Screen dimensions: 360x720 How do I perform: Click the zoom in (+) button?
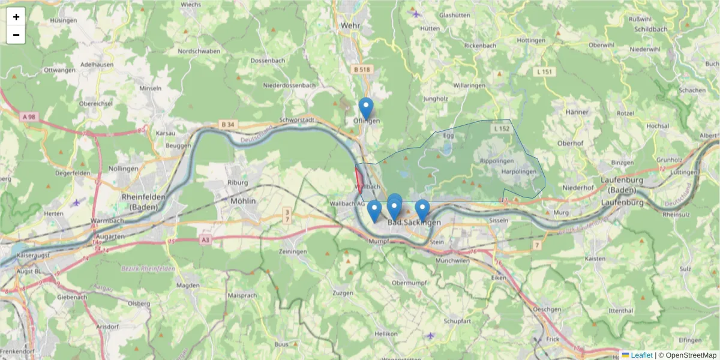click(x=16, y=17)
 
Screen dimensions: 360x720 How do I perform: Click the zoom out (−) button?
click(x=16, y=35)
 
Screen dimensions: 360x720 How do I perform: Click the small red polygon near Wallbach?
click(x=359, y=179)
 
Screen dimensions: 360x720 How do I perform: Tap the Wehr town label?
click(x=349, y=26)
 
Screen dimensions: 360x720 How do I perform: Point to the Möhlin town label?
click(x=243, y=201)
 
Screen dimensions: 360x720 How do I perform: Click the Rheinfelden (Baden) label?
click(x=139, y=202)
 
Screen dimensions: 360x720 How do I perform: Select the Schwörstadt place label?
click(x=310, y=120)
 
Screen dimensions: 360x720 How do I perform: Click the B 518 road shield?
click(x=362, y=70)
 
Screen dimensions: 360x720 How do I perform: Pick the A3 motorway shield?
click(x=206, y=240)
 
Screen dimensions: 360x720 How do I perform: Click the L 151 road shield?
click(x=544, y=72)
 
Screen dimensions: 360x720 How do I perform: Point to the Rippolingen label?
click(x=497, y=162)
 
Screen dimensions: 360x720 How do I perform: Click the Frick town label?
click(x=553, y=339)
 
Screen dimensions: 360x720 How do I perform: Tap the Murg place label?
click(x=562, y=213)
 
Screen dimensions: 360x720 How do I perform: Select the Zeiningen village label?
click(x=293, y=251)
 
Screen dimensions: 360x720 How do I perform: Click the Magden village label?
click(x=188, y=286)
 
